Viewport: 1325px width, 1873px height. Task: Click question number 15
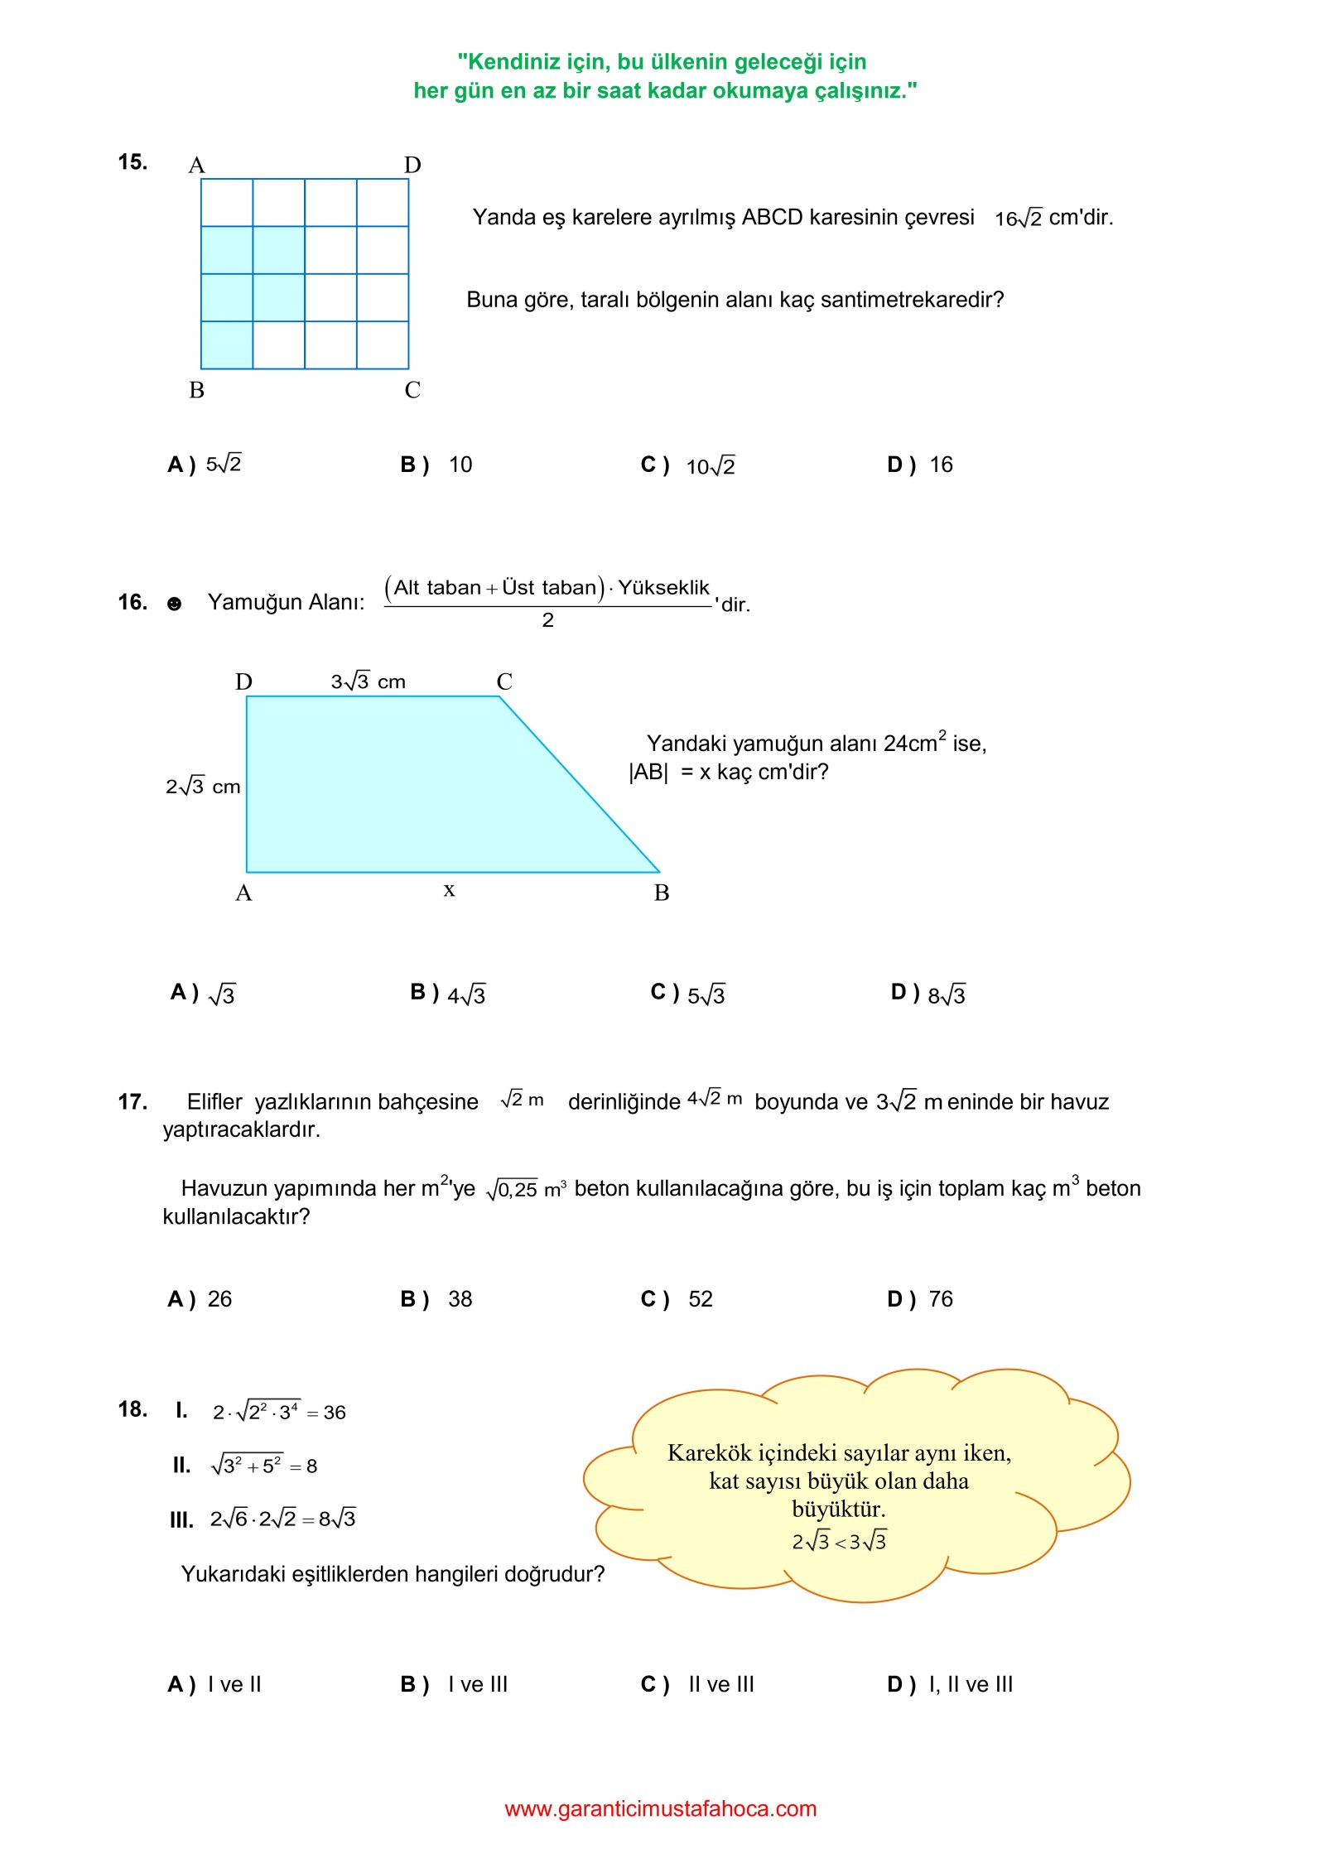[132, 161]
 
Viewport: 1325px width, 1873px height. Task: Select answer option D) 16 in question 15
[919, 465]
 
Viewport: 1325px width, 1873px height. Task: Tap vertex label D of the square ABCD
[412, 165]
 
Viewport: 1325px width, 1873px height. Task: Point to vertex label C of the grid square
[412, 389]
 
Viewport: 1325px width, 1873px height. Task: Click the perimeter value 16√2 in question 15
[1018, 219]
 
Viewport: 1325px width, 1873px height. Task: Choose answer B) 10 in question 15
[436, 465]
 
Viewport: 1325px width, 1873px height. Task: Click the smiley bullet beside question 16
[174, 604]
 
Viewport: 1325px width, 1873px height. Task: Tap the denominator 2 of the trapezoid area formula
[547, 620]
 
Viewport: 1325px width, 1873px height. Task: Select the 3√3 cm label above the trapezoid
[368, 681]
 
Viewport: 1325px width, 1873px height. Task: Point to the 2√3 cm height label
[203, 786]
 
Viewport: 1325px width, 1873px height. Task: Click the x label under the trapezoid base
[449, 889]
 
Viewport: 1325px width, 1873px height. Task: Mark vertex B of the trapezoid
[661, 893]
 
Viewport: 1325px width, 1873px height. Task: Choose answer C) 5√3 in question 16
[687, 994]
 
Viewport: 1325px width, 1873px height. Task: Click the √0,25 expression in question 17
[513, 1190]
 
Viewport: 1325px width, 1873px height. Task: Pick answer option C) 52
[677, 1299]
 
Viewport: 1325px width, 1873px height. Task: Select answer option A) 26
[200, 1299]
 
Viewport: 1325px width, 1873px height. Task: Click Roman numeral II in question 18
[181, 1466]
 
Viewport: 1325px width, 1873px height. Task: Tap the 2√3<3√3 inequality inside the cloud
[839, 1542]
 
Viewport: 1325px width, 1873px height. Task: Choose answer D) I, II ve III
[950, 1685]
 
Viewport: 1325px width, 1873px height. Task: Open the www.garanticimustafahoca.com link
[661, 1809]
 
